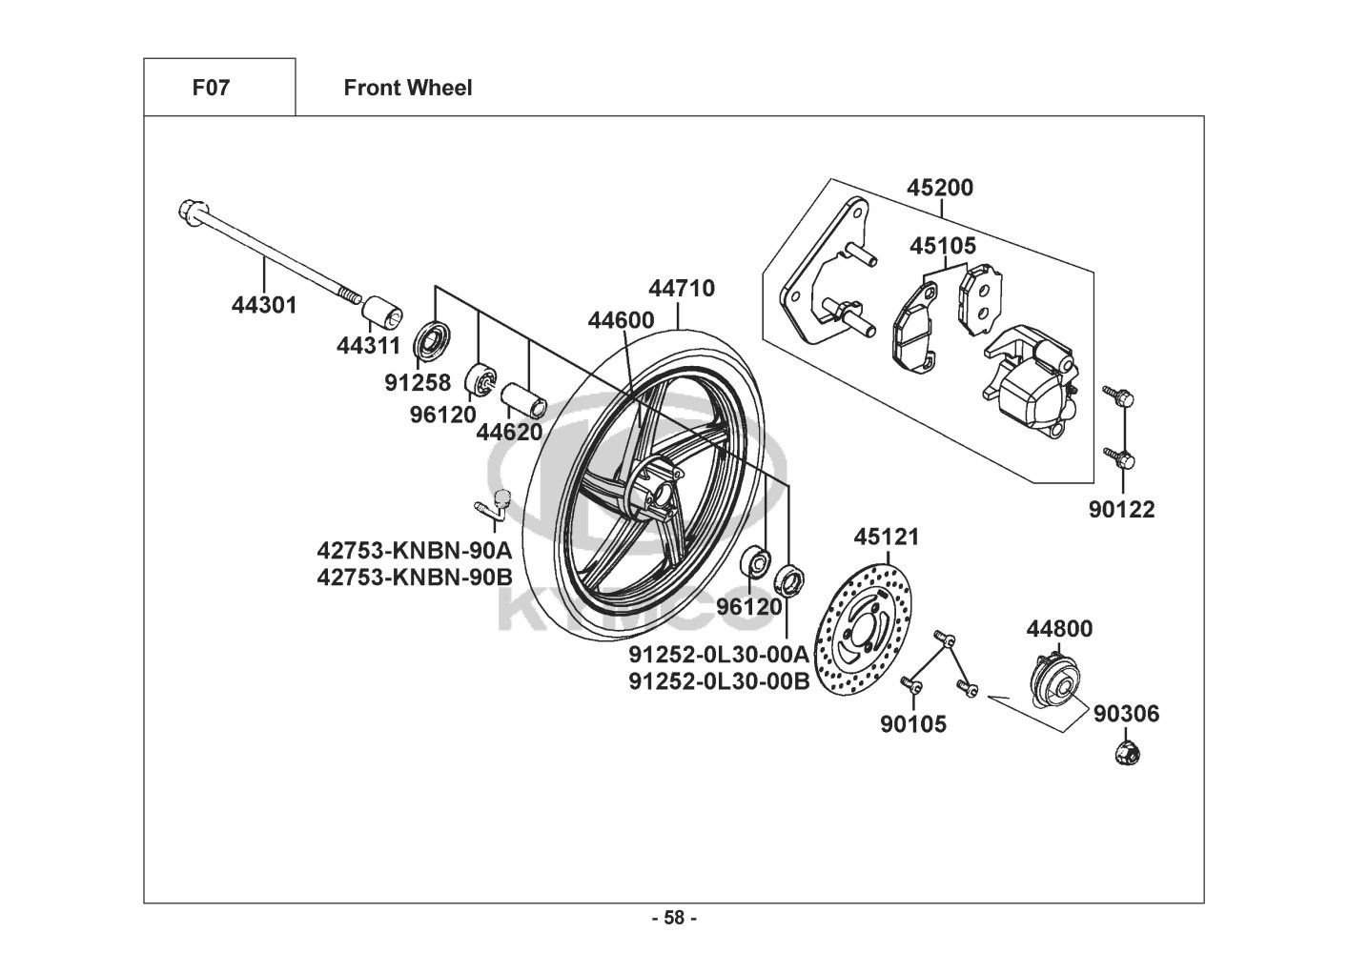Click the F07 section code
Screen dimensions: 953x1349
coord(211,88)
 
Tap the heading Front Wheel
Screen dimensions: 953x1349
coord(407,88)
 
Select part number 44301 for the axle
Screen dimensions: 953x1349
coord(264,305)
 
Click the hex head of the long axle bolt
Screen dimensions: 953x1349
coord(188,212)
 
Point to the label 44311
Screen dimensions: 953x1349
coord(368,346)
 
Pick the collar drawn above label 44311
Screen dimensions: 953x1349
coord(382,312)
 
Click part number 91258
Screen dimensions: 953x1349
coord(418,383)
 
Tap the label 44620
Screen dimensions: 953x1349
coord(509,432)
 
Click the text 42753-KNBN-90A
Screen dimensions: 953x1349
coord(415,551)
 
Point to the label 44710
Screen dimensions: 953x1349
coord(682,288)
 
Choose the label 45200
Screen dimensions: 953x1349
coord(940,188)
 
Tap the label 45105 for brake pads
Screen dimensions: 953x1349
coord(943,246)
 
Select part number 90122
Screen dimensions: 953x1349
coord(1122,510)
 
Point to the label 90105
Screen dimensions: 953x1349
coord(913,724)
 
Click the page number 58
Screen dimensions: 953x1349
coord(674,918)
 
